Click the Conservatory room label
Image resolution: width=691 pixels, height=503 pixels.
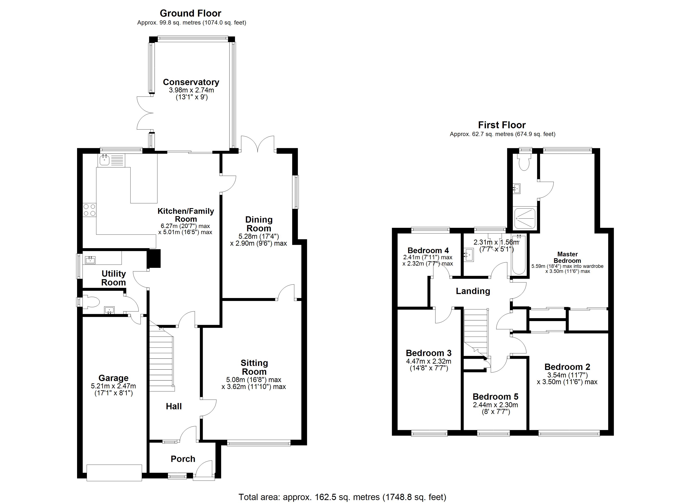191,82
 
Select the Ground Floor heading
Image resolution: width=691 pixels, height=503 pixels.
190,13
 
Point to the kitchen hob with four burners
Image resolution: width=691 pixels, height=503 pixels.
90,210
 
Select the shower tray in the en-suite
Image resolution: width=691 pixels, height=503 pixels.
525,219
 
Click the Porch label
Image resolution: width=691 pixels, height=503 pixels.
183,459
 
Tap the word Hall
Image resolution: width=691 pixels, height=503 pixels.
174,406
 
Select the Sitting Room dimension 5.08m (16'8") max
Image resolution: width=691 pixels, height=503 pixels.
254,380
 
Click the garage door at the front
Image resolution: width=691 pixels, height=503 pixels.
114,473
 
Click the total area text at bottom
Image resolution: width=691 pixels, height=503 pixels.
342,497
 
